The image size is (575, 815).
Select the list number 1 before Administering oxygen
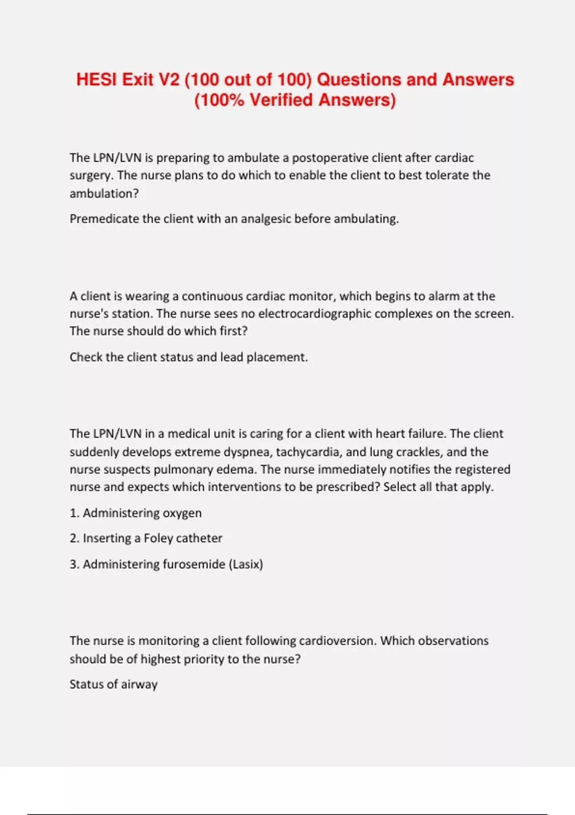(x=74, y=513)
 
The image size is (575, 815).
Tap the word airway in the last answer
(x=139, y=685)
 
